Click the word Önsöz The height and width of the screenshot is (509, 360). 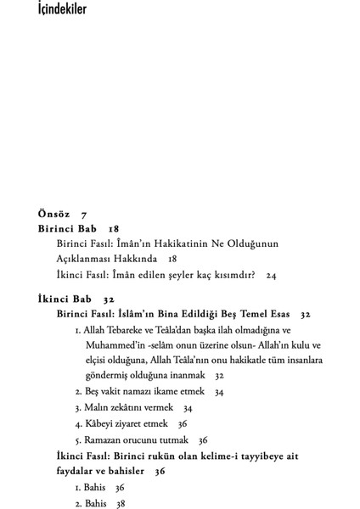point(55,214)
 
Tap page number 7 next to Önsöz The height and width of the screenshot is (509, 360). point(84,214)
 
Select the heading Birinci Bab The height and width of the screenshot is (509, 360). point(67,229)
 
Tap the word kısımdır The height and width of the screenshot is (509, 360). point(231,275)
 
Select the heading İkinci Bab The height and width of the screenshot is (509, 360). point(65,299)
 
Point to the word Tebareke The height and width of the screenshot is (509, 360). point(134,329)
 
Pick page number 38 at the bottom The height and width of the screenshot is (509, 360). point(121,503)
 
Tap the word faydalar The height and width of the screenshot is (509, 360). point(82,471)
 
